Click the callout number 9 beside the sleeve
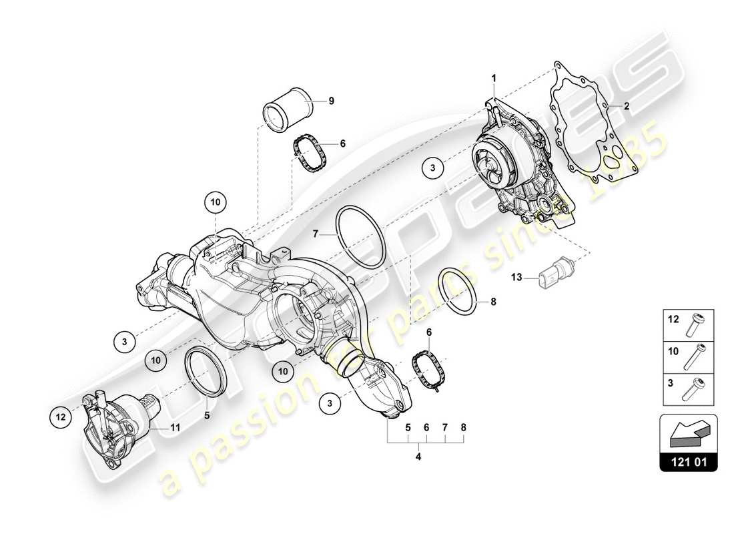[x=331, y=101]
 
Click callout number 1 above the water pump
[x=494, y=79]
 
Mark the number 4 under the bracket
[x=418, y=457]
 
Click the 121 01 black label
[x=688, y=461]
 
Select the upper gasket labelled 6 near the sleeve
[x=310, y=153]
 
